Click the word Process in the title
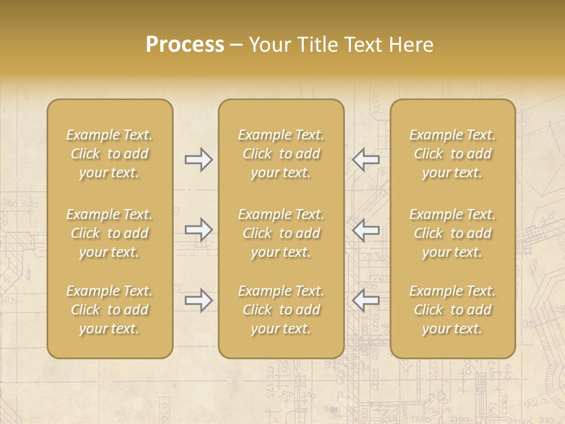[185, 45]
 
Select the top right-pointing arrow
[198, 160]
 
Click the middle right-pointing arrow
[198, 229]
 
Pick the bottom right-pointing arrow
[198, 300]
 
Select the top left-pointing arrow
[365, 160]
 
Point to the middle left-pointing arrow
[365, 229]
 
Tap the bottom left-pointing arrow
[365, 300]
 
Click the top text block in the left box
[109, 154]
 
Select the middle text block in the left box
[109, 233]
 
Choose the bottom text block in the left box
[109, 310]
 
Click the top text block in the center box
[281, 154]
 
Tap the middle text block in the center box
[281, 233]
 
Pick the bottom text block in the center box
[281, 310]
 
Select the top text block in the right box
[453, 154]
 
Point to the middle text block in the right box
[453, 233]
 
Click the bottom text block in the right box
[453, 310]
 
